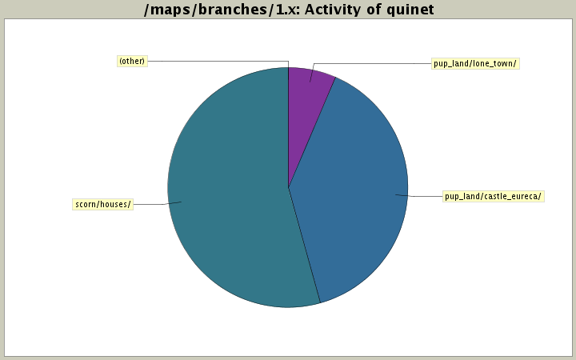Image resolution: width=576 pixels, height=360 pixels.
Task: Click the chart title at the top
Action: point(288,10)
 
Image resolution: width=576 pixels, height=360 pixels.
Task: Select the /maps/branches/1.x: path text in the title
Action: point(218,10)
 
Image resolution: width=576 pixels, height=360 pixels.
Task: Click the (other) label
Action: point(132,61)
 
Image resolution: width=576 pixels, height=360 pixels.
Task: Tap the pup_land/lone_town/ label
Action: point(474,63)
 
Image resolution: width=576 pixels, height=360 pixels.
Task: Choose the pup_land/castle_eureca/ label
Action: point(493,196)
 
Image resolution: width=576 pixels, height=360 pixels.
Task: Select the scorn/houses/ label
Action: point(102,204)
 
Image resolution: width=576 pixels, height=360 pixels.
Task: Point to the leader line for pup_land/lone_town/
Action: point(368,63)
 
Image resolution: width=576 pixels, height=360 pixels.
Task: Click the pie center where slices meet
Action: point(288,187)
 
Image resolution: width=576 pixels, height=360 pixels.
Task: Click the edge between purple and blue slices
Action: point(312,132)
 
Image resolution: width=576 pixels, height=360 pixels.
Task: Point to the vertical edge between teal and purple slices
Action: point(288,128)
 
